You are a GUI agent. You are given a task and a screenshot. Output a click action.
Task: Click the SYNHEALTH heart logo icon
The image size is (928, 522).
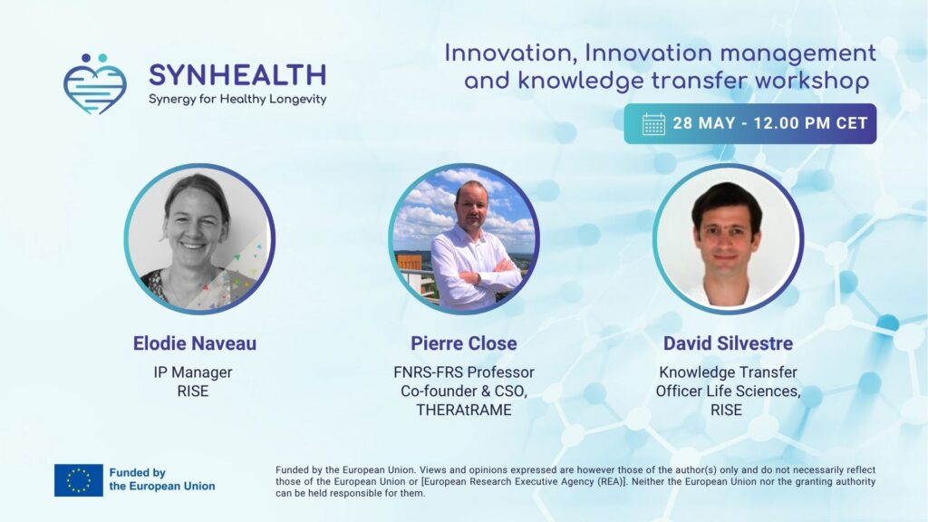pos(94,84)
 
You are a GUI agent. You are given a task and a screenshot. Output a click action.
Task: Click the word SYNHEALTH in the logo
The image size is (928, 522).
pos(237,75)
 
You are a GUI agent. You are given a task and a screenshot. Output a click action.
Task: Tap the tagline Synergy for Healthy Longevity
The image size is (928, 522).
pos(237,99)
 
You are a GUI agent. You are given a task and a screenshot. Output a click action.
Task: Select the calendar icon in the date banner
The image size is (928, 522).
pos(653,123)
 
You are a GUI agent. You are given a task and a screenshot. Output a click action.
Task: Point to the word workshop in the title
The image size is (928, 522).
pos(811,81)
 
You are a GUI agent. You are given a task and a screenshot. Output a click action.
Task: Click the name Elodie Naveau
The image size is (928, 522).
pos(195,343)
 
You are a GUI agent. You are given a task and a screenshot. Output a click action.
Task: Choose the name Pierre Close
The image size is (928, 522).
pos(464,343)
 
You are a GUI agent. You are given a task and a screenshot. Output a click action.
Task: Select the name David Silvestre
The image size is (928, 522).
pos(728,343)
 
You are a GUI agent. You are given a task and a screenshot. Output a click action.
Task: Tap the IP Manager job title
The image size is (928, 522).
pos(193,372)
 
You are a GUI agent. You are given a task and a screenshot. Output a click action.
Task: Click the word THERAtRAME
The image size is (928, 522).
pos(464,411)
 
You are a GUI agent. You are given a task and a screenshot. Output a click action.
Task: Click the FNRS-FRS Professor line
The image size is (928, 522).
pos(464,372)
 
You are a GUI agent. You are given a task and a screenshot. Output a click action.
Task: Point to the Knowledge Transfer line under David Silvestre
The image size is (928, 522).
pos(728,372)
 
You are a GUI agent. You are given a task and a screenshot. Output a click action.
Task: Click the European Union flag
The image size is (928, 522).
pos(79,480)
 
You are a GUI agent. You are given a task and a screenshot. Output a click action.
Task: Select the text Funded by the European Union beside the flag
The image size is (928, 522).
pos(162,479)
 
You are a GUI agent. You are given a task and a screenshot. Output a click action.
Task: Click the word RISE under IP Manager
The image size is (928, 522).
pos(193,391)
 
